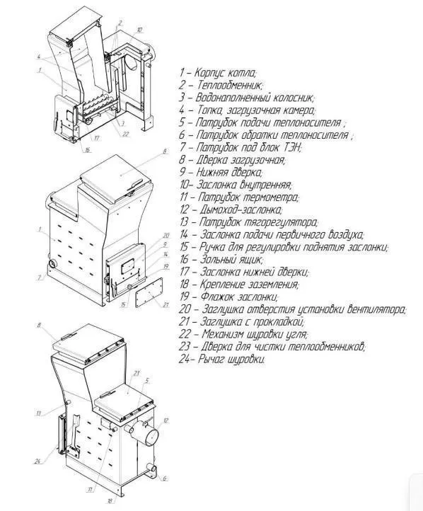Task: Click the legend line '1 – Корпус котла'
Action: coord(218,73)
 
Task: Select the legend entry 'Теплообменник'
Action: coord(221,86)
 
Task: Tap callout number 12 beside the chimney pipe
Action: coord(166,420)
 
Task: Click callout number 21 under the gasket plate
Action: coord(166,304)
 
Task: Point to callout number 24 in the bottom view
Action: coord(37,461)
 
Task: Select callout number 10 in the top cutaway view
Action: coord(139,30)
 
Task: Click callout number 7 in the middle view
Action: coord(40,277)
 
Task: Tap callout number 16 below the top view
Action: coord(88,150)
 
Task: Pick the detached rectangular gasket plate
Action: coord(149,292)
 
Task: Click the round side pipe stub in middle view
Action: coord(52,263)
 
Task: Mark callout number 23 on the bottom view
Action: coord(137,374)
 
